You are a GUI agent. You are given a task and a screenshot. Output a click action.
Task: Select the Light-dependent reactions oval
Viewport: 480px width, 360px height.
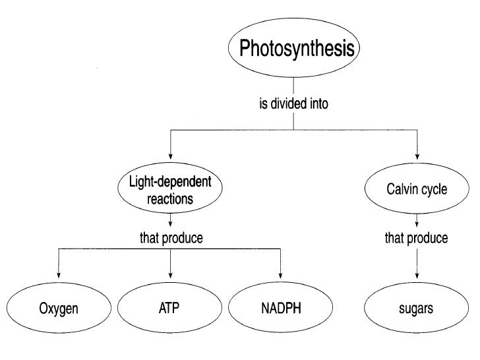click(x=171, y=190)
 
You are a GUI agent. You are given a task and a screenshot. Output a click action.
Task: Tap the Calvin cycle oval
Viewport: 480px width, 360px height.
click(x=416, y=190)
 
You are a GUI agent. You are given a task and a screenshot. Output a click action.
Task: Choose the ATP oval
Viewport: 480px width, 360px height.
click(x=171, y=309)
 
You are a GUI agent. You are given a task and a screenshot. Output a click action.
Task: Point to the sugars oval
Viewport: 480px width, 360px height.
click(x=416, y=309)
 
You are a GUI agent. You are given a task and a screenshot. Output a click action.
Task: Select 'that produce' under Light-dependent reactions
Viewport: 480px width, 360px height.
click(x=171, y=238)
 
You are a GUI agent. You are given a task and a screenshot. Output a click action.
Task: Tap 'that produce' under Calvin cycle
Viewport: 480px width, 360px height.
click(x=416, y=238)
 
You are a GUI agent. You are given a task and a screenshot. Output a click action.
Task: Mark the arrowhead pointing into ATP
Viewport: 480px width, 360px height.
click(x=171, y=276)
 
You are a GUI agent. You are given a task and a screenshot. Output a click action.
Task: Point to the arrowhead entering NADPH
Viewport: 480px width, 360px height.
click(x=281, y=276)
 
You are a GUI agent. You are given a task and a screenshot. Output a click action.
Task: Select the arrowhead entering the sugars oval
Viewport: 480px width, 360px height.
click(x=416, y=276)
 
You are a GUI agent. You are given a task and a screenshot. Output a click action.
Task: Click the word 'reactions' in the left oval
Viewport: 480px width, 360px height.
click(x=171, y=198)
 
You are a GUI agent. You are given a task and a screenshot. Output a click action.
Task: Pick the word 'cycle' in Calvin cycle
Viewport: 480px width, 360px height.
click(x=434, y=190)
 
